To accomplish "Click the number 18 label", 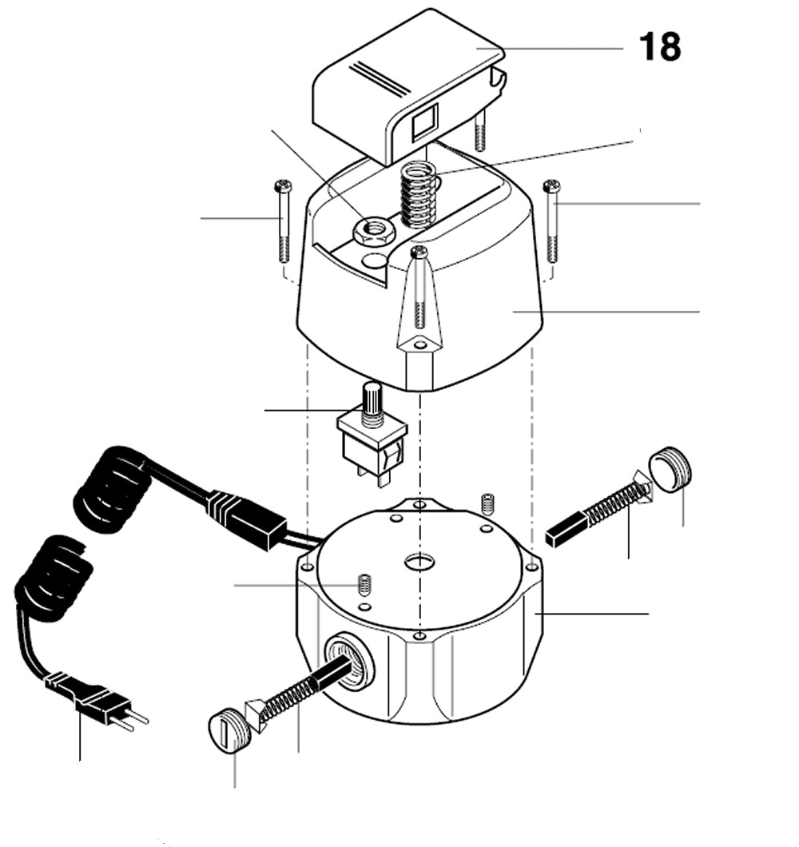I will click(659, 48).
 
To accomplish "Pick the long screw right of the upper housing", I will click(551, 221).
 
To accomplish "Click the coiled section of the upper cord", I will click(112, 489).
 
